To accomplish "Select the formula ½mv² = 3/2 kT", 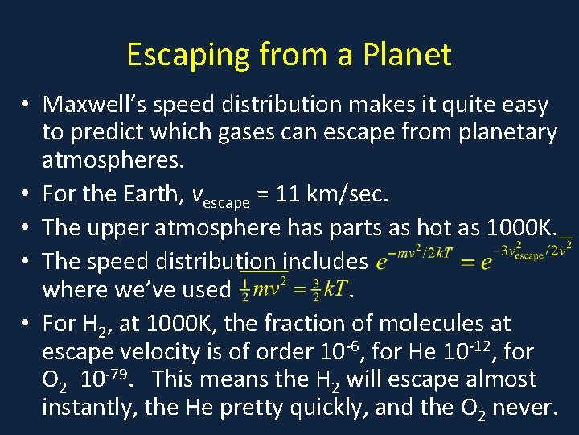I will click(x=293, y=288).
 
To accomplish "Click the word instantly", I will click(x=88, y=408).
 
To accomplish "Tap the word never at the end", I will click(x=526, y=408).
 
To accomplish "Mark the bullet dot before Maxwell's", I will click(x=27, y=105).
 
